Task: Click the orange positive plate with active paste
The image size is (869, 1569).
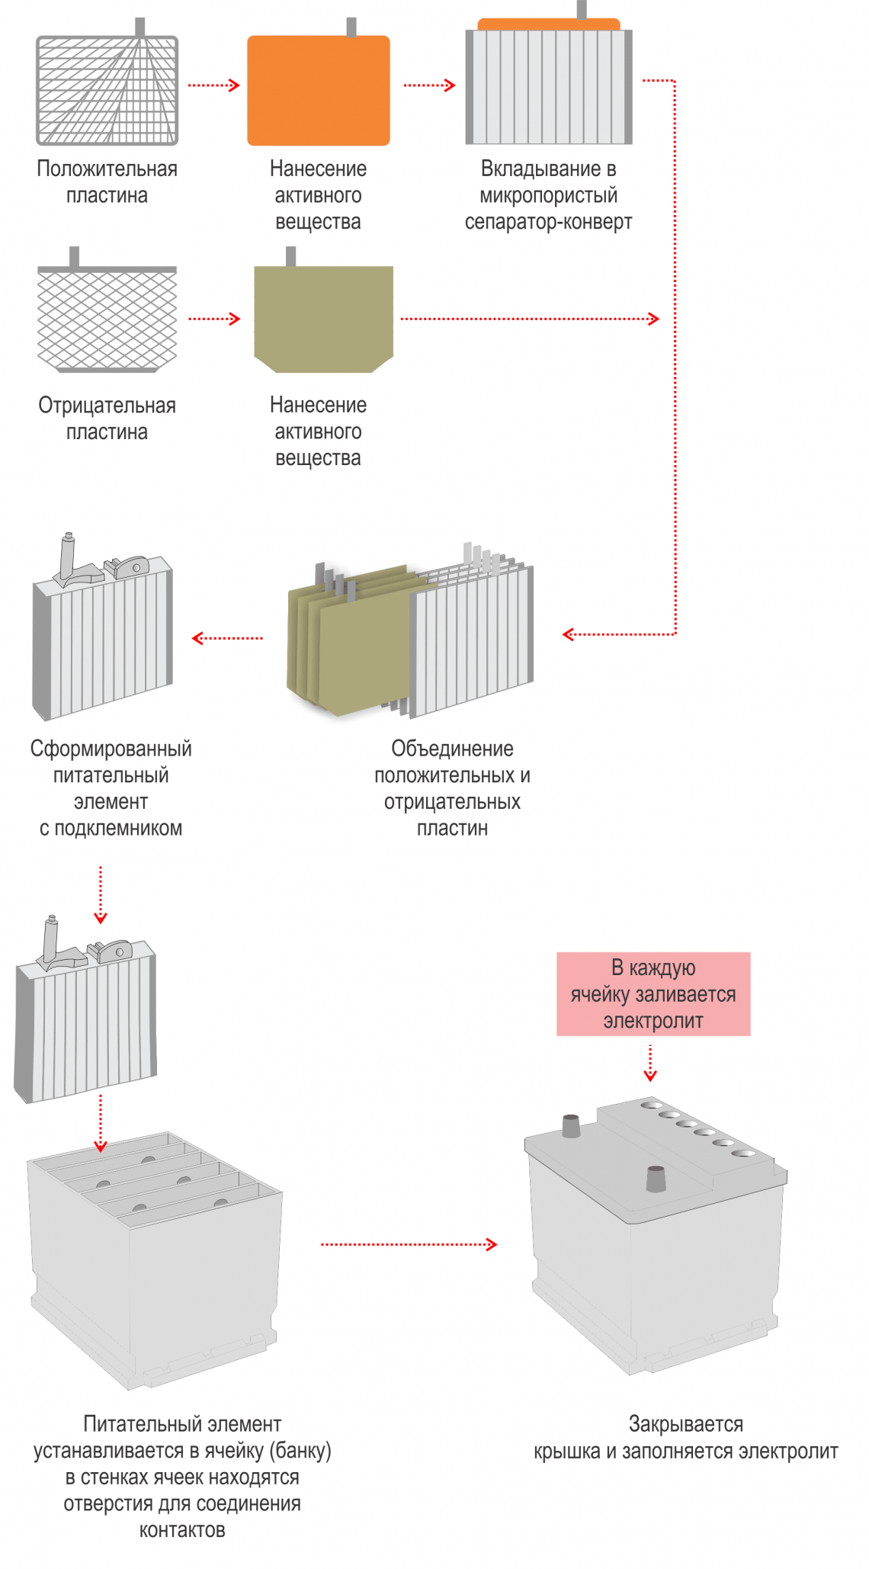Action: point(318,90)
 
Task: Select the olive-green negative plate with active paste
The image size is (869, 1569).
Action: point(323,318)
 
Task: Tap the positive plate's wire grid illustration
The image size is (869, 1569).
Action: point(107,90)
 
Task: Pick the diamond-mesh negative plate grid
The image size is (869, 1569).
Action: point(107,319)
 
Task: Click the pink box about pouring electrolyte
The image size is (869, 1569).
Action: point(653,993)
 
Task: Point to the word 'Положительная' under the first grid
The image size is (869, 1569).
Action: point(107,168)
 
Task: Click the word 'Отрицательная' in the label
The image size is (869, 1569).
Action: point(107,406)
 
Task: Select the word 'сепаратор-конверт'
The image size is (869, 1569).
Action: point(548,222)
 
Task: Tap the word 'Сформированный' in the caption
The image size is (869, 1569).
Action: point(111,749)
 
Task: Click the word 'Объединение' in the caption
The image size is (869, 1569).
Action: point(452,749)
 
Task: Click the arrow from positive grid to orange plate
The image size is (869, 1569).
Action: point(213,85)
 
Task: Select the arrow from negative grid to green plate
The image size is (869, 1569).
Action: point(213,319)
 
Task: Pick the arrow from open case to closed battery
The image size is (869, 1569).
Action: point(409,1244)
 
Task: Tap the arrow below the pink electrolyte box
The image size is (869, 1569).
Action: point(649,1063)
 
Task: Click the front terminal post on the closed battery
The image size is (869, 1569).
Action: point(656,1179)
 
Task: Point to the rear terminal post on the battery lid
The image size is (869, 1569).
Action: point(571,1126)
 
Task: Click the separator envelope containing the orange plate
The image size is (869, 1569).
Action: point(549,84)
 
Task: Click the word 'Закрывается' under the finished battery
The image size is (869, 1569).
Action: point(685,1423)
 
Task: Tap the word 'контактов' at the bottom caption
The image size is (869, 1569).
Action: point(182,1529)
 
